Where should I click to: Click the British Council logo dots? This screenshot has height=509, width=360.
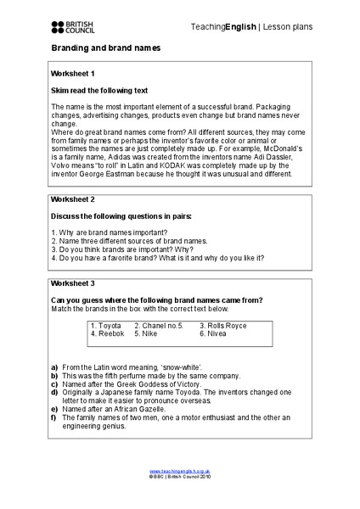(x=57, y=26)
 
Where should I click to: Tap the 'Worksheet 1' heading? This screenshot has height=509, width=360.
(x=73, y=74)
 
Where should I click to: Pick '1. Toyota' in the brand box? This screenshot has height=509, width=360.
(x=106, y=326)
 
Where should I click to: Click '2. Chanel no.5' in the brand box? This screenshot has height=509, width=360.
(x=159, y=326)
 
